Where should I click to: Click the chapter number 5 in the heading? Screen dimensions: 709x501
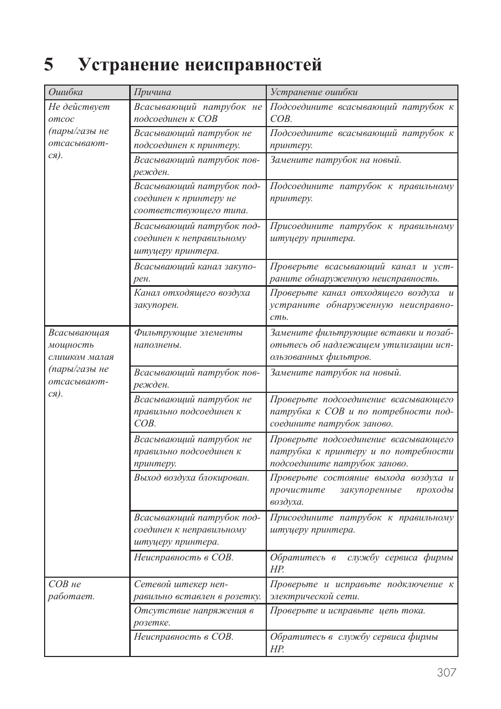coord(49,65)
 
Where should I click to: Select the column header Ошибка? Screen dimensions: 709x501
coord(66,92)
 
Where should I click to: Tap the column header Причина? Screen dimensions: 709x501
coord(152,92)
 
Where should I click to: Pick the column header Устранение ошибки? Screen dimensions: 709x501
coord(314,92)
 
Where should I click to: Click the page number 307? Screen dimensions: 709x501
coord(446,672)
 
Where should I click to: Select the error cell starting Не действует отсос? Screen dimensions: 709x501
coord(79,131)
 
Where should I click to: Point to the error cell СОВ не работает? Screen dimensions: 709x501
coord(71,590)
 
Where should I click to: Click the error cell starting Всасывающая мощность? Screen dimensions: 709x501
coord(81,363)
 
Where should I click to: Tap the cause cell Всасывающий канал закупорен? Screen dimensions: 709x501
coord(195,273)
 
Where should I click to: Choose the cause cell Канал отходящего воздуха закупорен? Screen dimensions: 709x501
coord(192,299)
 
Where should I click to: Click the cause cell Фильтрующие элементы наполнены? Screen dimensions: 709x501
coord(188,339)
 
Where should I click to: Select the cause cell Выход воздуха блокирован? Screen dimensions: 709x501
coord(191,478)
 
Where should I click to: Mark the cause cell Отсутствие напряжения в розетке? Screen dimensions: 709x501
coord(193,617)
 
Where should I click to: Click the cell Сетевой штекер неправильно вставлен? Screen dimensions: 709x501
coord(197,590)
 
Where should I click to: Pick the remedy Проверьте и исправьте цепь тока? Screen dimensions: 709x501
coord(347,611)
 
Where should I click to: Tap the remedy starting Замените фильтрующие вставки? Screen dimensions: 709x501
coord(361,345)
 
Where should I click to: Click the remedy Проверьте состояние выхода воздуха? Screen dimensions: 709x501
coord(361,489)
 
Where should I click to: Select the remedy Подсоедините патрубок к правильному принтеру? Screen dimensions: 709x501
coord(361,192)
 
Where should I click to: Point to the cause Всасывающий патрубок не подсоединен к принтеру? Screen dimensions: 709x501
coord(192,139)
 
